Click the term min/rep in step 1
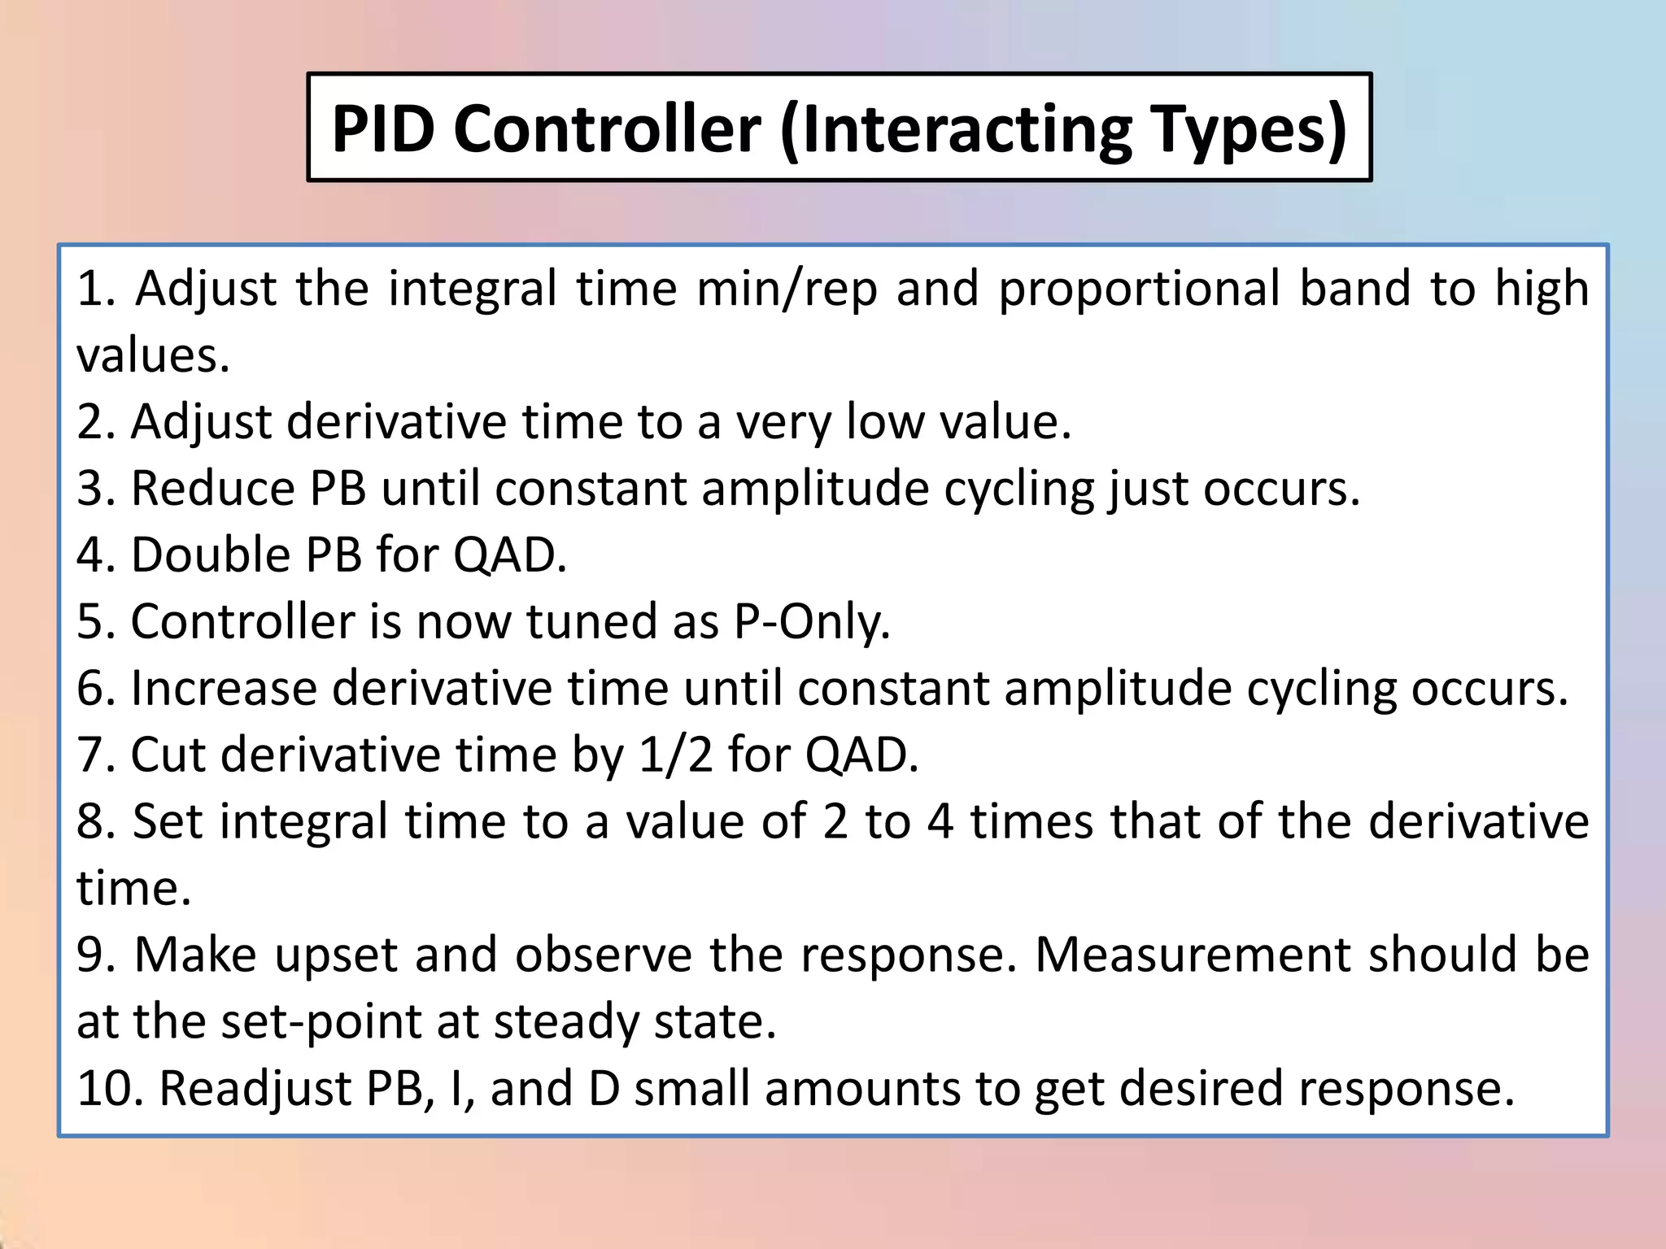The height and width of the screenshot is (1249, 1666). coord(787,289)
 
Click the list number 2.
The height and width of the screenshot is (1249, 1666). coord(94,422)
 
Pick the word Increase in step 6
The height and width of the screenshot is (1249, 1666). coord(224,689)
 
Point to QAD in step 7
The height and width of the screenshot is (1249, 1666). coord(861,755)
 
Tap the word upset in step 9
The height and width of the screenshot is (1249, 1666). coord(334,955)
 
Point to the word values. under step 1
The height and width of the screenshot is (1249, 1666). coord(153,355)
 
